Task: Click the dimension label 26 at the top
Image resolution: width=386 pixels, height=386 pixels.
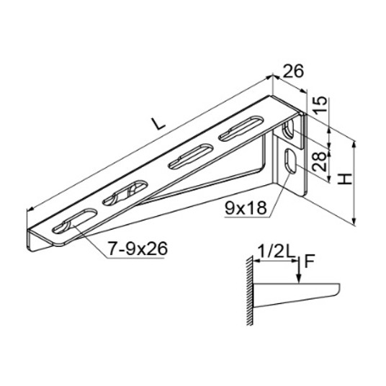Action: point(293,71)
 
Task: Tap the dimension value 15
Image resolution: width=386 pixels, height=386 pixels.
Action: point(320,104)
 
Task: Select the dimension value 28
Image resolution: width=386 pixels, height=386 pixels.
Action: point(320,161)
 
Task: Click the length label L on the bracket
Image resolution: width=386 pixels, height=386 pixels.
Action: point(158,123)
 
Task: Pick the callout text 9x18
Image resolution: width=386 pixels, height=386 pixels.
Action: point(246,208)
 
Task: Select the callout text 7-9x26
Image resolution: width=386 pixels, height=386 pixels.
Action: point(138,248)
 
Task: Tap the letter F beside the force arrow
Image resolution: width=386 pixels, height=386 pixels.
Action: point(309,261)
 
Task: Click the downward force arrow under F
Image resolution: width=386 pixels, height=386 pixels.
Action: point(299,270)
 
